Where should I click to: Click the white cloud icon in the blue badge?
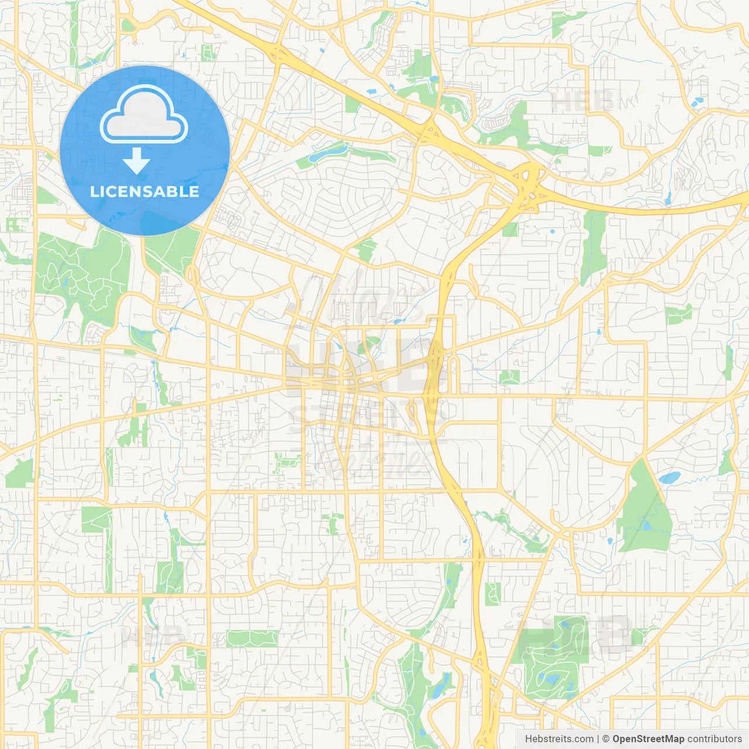144,114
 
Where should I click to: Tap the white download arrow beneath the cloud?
136,161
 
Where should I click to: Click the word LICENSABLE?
145,191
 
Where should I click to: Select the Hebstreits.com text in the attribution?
559,739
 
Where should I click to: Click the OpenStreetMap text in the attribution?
648,739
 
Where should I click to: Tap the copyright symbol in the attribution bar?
606,739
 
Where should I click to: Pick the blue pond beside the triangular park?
669,477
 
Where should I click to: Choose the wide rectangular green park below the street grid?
252,638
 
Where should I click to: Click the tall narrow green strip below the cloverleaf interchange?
594,246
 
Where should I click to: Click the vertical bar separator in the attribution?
597,739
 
